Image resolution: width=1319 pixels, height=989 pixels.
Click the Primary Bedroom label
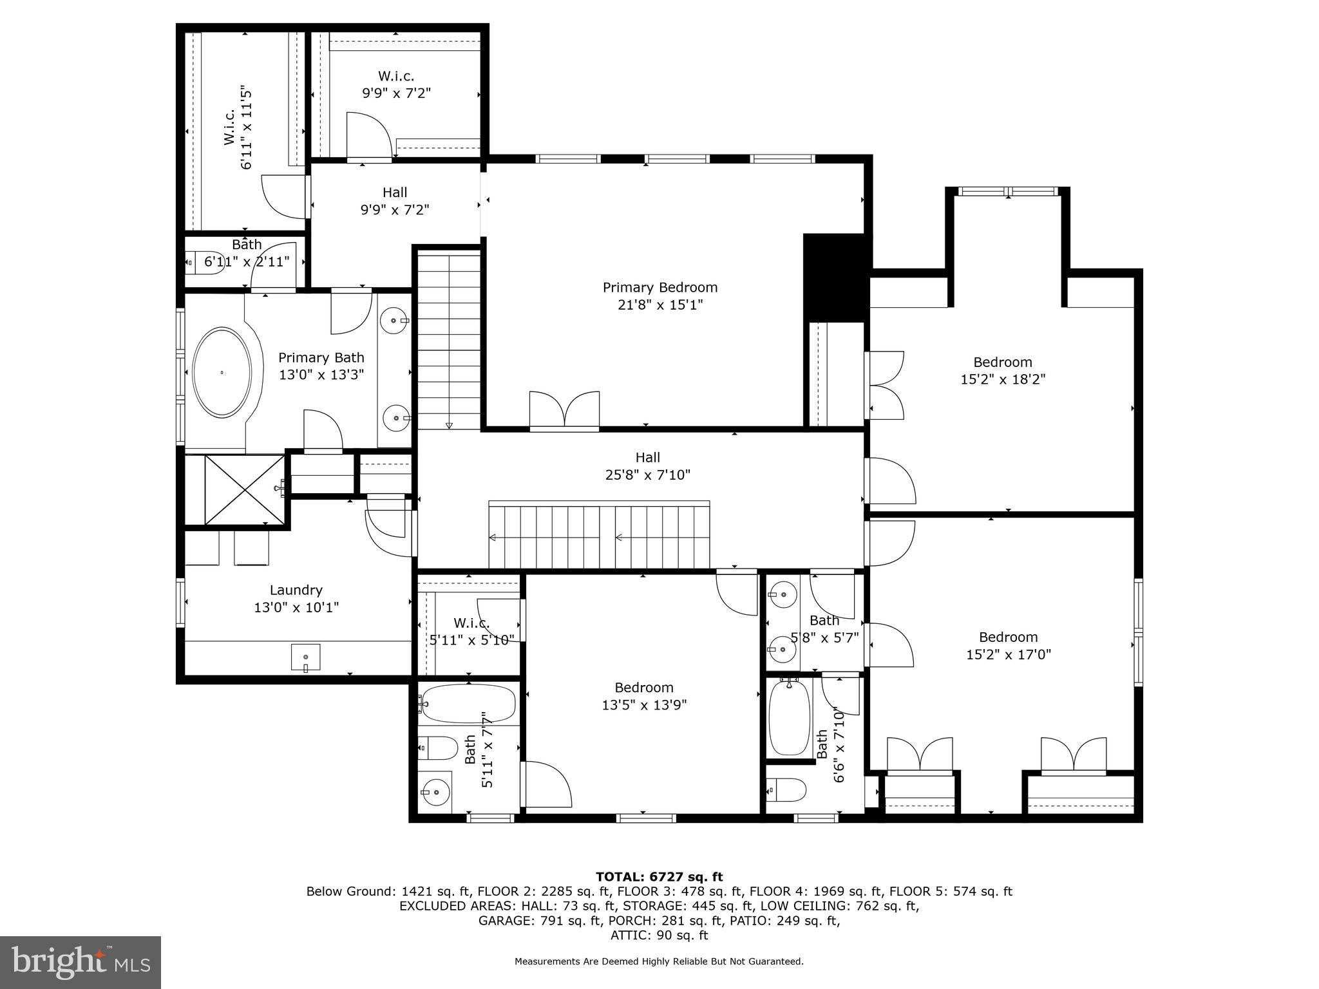click(x=659, y=288)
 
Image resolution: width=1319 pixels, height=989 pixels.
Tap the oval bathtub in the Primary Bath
click(x=222, y=372)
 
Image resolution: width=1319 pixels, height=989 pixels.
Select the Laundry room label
click(x=296, y=590)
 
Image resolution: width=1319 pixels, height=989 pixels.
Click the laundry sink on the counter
click(x=305, y=657)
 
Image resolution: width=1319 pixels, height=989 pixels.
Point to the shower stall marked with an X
click(x=244, y=489)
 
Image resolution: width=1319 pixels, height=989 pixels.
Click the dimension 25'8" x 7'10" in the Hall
click(x=647, y=475)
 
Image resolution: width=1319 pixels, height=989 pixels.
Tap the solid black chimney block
click(x=834, y=277)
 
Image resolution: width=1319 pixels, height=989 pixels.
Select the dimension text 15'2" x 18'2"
click(x=1002, y=379)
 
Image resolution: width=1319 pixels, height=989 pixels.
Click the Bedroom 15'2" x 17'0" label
click(x=1008, y=637)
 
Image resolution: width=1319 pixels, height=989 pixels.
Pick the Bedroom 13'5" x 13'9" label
click(x=643, y=688)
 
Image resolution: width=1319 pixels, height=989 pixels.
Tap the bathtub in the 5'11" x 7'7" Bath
click(x=468, y=704)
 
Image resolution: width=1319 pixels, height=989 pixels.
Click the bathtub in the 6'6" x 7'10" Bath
click(x=789, y=717)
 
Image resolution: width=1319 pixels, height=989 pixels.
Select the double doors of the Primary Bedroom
click(x=564, y=410)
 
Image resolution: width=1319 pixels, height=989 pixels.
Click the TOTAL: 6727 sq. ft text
click(x=659, y=877)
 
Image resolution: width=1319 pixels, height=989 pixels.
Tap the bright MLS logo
click(x=80, y=962)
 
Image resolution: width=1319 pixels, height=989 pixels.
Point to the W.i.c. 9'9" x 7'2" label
click(x=395, y=77)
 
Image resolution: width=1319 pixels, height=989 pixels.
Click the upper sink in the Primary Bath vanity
click(x=394, y=320)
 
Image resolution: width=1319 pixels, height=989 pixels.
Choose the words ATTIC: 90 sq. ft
click(x=659, y=935)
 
